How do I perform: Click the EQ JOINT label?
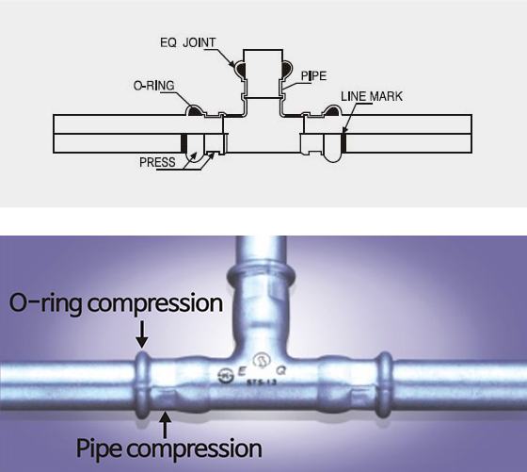(x=187, y=42)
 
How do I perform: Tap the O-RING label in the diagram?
(x=154, y=86)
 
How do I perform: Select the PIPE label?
(x=313, y=75)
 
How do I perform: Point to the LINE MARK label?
(x=372, y=96)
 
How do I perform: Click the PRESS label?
(x=157, y=162)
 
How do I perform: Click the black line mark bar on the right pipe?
(x=343, y=143)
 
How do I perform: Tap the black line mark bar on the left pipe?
(x=184, y=143)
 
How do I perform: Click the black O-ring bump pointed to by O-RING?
(x=195, y=110)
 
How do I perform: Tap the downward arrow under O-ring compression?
(x=142, y=334)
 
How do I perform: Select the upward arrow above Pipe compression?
(x=165, y=425)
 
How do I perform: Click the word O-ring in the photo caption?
(x=45, y=303)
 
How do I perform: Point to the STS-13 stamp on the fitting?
(x=262, y=382)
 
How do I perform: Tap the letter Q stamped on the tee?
(x=281, y=370)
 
